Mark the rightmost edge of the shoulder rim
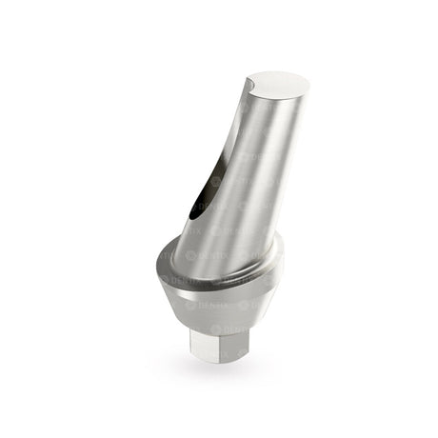click(x=284, y=249)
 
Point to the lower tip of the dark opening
click(x=187, y=217)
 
